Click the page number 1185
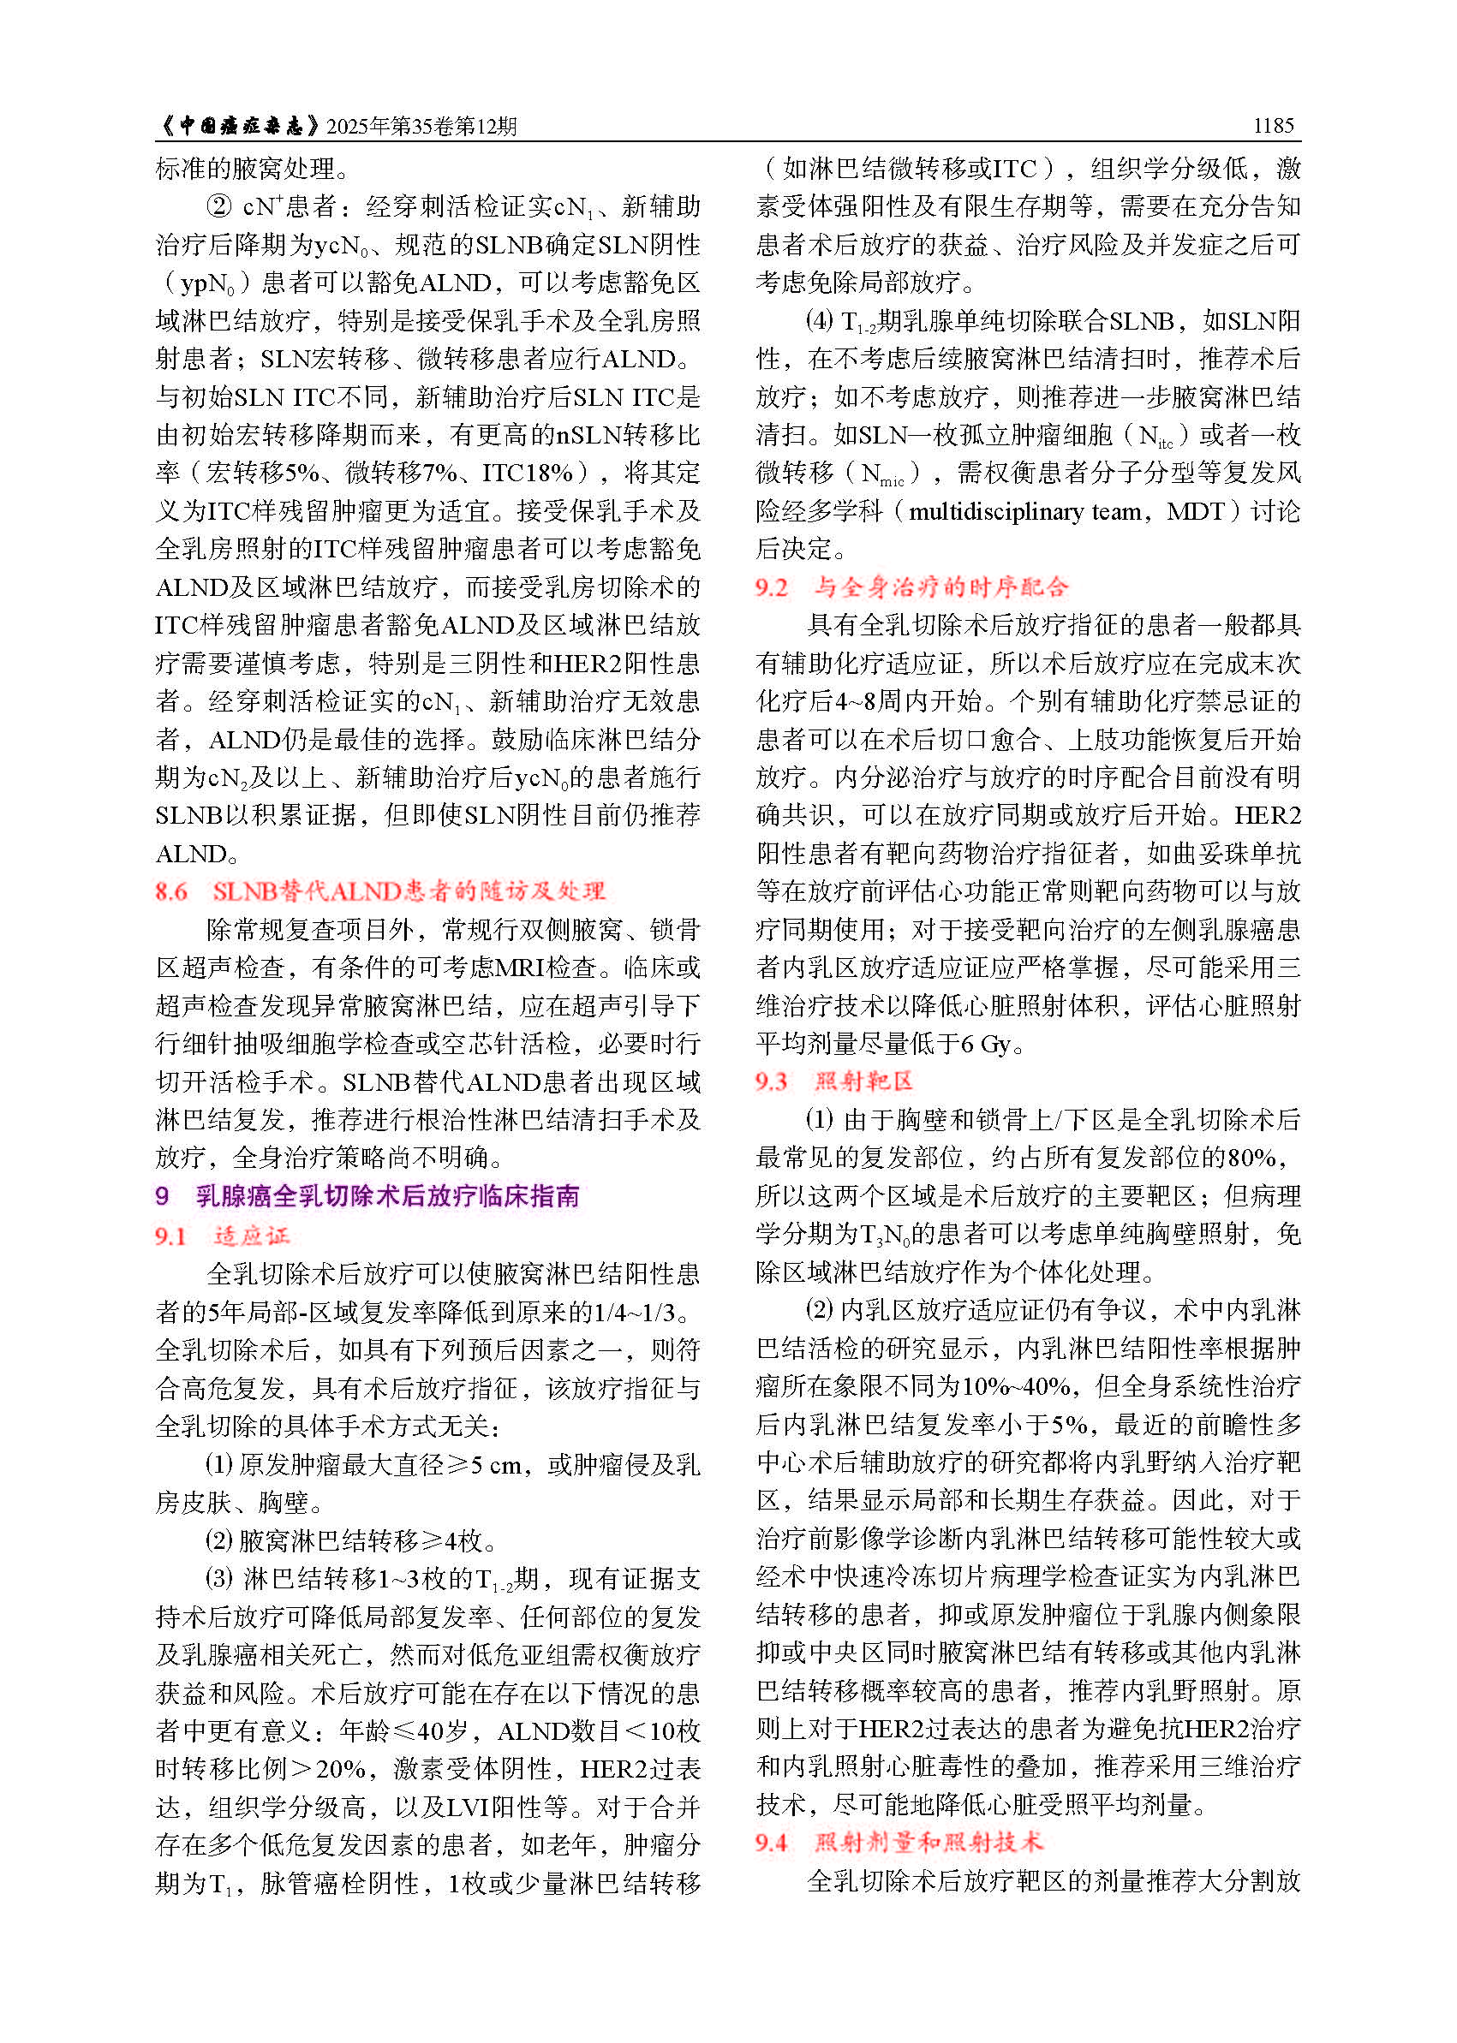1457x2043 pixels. click(x=1273, y=126)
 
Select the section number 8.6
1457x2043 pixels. click(x=171, y=891)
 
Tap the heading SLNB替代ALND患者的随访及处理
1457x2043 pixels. click(x=409, y=891)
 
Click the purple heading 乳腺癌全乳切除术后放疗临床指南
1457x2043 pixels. click(x=387, y=1195)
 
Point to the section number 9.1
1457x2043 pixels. click(x=171, y=1236)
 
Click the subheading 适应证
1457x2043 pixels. click(x=252, y=1236)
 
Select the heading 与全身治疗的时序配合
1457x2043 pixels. click(x=941, y=587)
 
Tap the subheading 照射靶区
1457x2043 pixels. click(x=863, y=1081)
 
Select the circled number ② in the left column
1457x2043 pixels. click(x=219, y=207)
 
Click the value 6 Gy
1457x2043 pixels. click(x=986, y=1044)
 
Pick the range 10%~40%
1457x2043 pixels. click(x=1016, y=1386)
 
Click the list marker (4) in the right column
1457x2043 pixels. click(x=819, y=321)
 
